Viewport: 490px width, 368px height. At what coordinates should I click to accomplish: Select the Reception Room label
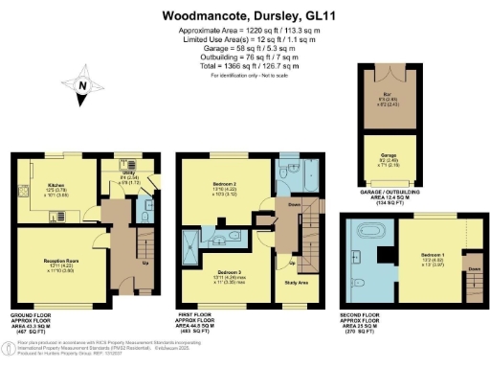pos(59,260)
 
